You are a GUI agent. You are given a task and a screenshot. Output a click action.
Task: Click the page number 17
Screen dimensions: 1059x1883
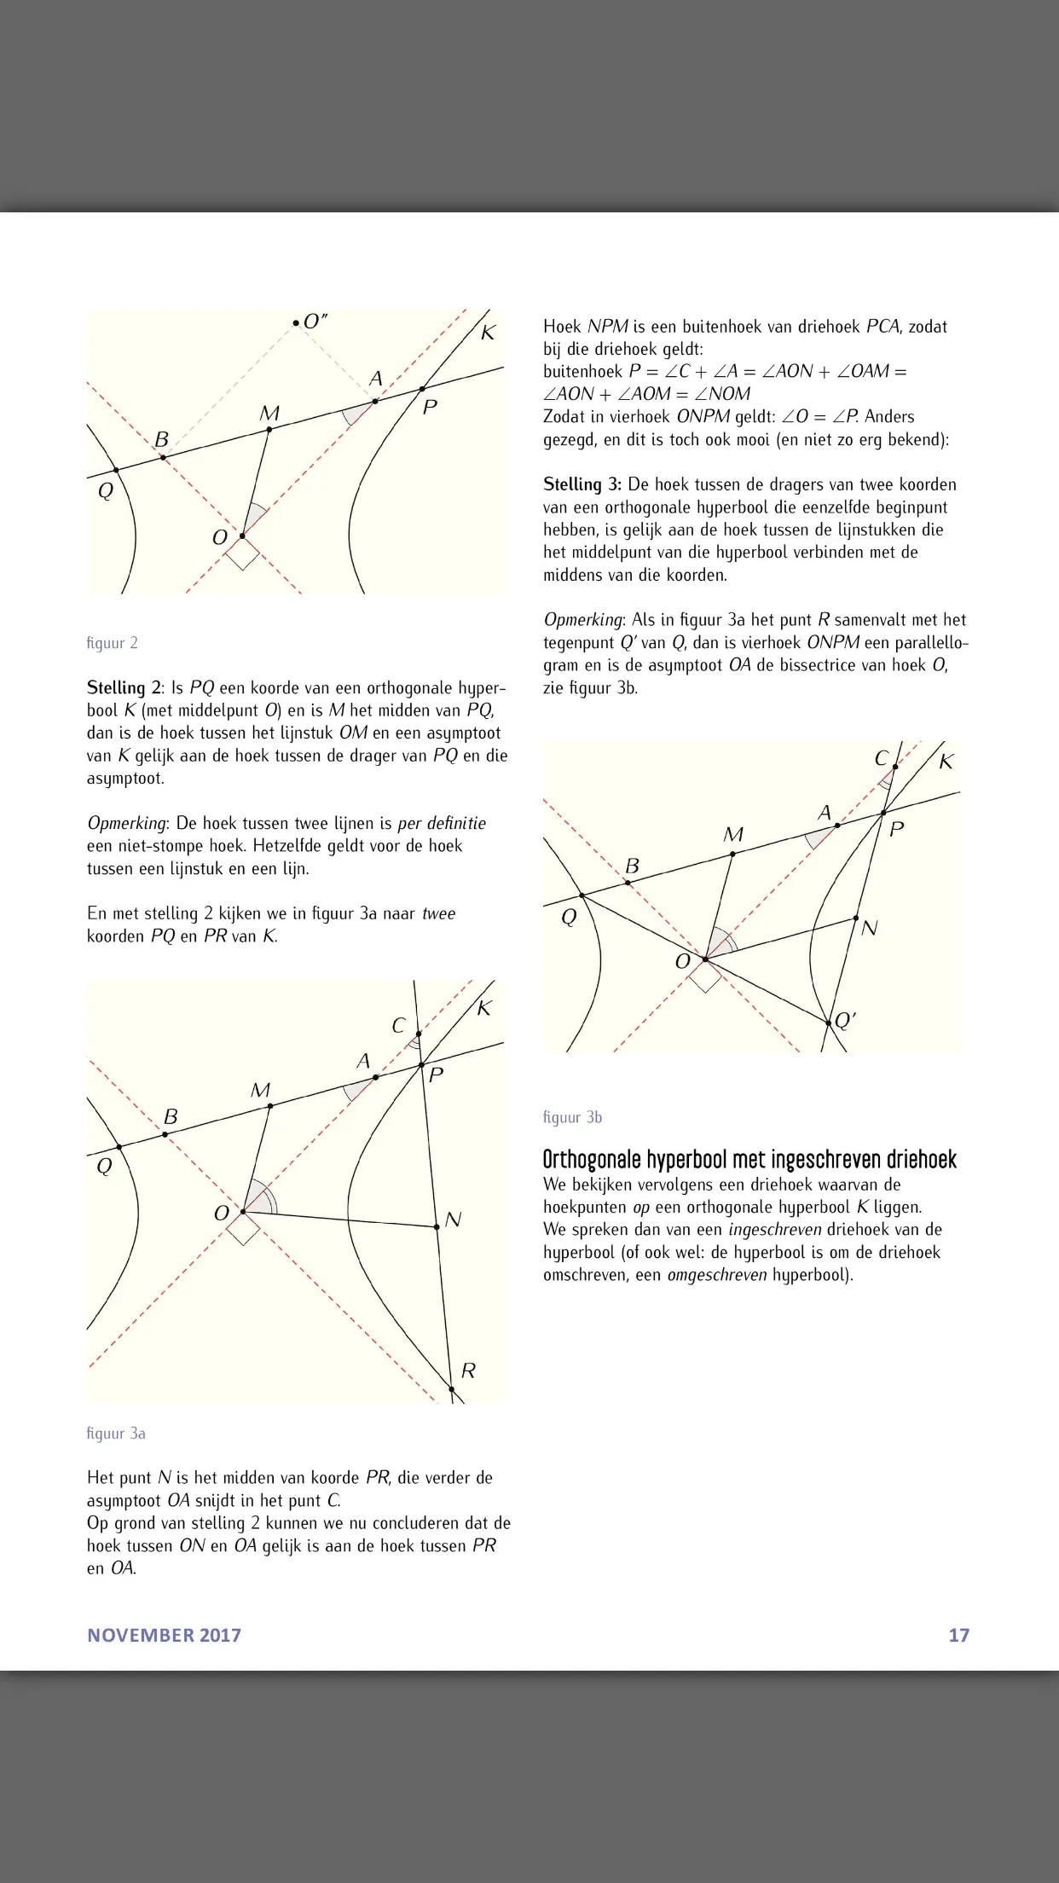point(959,1635)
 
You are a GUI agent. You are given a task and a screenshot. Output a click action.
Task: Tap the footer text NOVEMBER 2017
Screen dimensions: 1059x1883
point(165,1635)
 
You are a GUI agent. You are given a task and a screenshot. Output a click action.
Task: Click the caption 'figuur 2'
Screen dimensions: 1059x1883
point(112,643)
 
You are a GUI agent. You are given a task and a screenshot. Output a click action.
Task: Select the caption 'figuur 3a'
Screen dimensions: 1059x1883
point(116,1434)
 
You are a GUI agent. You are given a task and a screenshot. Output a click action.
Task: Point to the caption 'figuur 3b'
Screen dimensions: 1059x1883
point(572,1117)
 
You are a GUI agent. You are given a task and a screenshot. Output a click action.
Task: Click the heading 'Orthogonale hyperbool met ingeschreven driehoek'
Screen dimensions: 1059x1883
point(749,1159)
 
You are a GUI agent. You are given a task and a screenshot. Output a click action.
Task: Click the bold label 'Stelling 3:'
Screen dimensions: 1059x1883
point(582,484)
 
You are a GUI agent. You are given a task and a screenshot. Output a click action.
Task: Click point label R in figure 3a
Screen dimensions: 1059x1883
point(468,1370)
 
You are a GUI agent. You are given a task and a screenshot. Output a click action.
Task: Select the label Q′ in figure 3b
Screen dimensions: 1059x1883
point(845,1020)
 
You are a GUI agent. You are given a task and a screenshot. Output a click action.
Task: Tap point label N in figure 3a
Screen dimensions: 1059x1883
point(453,1220)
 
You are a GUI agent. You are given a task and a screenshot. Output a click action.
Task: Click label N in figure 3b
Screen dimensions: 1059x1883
point(869,928)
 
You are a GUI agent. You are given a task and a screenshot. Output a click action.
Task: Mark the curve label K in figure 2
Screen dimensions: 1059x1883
point(488,333)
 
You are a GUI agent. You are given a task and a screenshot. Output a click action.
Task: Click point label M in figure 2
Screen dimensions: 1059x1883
point(269,413)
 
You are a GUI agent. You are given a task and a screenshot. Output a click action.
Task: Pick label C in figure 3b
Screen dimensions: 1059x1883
point(882,758)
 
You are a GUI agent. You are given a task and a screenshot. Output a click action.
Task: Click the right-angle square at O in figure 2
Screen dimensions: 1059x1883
point(242,553)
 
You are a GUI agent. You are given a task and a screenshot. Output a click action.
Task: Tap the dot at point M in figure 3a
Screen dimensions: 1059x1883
point(270,1106)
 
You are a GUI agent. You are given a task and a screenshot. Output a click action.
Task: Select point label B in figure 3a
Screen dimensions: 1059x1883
point(171,1116)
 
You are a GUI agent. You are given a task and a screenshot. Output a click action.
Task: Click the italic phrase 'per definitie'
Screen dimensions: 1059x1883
point(442,823)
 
